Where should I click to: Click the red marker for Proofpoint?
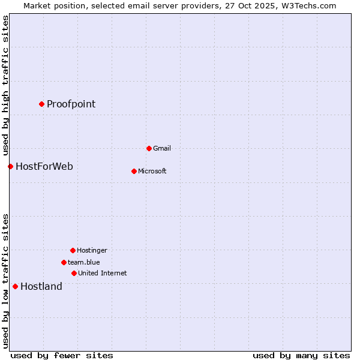tap(41, 104)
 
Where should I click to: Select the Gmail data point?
tap(149, 148)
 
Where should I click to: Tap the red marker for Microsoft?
tap(134, 171)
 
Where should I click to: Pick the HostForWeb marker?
tap(10, 166)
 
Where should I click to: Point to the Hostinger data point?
tap(73, 250)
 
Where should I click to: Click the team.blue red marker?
tap(64, 262)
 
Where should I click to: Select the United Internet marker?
tap(74, 273)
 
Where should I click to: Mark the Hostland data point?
tap(15, 286)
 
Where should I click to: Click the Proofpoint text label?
tap(71, 104)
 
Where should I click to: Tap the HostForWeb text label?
tap(44, 166)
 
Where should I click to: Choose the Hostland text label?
tap(41, 286)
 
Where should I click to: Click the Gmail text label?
tap(162, 148)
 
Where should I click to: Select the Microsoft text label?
tap(152, 171)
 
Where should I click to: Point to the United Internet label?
tap(103, 273)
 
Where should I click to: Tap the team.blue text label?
tap(84, 262)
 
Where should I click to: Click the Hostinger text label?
tap(92, 250)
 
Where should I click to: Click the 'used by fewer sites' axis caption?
tap(62, 355)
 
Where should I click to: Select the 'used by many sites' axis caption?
tap(301, 355)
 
